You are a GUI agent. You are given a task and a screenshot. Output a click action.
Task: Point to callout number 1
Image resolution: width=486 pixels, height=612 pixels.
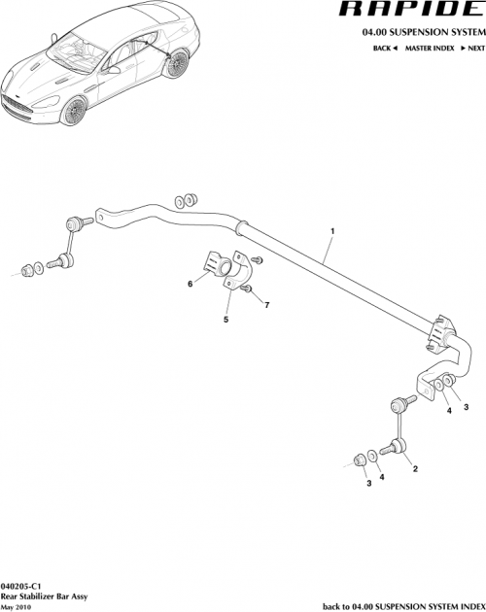coord(332,231)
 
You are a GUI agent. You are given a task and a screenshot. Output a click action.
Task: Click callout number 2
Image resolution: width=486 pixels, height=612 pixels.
coord(416,468)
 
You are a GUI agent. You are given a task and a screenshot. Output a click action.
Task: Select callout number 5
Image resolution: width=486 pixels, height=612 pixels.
coord(226,319)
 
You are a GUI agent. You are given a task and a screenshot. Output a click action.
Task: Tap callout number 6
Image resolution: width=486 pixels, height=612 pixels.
coord(191,285)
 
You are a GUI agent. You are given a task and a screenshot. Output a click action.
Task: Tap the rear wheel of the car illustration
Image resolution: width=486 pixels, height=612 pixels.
coord(176,65)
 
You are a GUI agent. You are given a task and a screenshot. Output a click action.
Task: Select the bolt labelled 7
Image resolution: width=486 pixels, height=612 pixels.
coord(249,289)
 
